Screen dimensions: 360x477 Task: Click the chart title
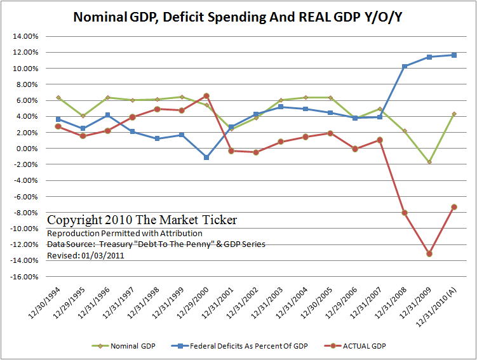coord(238,17)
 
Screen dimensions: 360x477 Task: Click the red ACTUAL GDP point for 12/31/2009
coord(429,253)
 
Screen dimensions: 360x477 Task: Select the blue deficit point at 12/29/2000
coord(206,157)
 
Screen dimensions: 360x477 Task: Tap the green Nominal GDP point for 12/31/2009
coord(429,162)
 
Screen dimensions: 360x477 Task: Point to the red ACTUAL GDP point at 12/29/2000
coord(206,96)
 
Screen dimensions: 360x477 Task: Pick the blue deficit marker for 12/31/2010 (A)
coord(454,55)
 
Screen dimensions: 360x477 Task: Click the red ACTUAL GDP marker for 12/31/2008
coord(405,213)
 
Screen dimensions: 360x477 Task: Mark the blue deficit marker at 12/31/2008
coord(405,66)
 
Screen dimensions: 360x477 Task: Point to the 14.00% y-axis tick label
coord(25,36)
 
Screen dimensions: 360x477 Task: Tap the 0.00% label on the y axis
coord(27,149)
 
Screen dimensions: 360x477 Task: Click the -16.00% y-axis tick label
coord(24,277)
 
